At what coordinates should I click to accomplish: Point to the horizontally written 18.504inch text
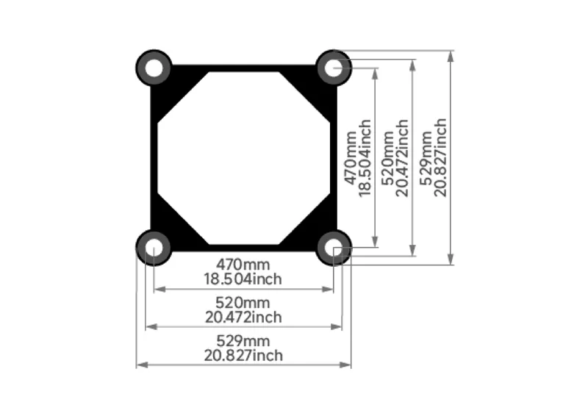tap(243, 279)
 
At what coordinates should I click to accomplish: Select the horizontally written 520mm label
tap(243, 303)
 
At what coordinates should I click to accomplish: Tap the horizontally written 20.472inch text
tap(243, 317)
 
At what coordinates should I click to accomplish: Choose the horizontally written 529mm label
tap(243, 341)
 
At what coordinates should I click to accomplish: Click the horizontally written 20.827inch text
tap(243, 355)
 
